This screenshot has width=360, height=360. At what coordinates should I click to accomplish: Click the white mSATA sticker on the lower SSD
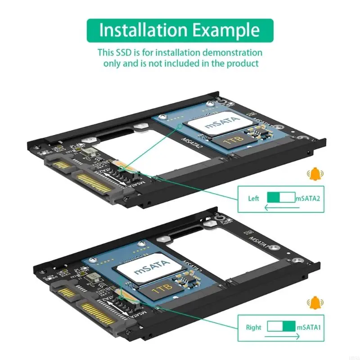[153, 269]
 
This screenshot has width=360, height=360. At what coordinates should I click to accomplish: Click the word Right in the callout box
[254, 327]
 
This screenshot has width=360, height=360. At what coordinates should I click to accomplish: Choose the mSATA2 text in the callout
[307, 198]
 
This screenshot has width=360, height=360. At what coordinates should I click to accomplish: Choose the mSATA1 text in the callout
[307, 327]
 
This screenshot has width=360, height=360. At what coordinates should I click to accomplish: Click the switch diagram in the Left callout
[281, 198]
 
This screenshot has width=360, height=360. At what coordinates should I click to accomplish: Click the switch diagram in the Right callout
[281, 327]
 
